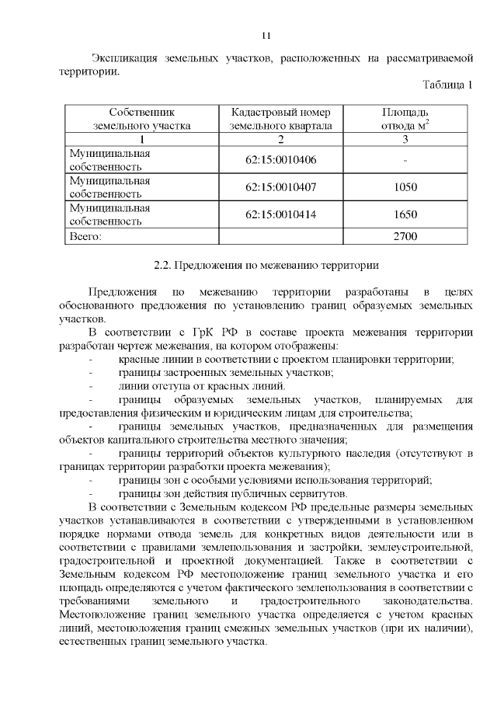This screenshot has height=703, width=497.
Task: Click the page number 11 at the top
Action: (x=266, y=36)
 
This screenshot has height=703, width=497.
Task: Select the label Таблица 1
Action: (x=447, y=85)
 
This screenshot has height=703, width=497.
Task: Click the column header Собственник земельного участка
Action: (x=141, y=118)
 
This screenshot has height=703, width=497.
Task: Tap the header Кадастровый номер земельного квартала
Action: (x=282, y=118)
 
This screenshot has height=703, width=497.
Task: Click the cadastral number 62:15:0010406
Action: (x=282, y=160)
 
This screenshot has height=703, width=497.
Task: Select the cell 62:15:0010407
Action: (x=282, y=187)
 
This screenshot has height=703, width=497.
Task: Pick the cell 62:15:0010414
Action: (x=282, y=214)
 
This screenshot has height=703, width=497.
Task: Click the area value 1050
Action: (x=405, y=187)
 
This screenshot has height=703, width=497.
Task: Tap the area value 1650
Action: (x=405, y=214)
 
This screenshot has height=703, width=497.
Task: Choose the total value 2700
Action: (x=405, y=235)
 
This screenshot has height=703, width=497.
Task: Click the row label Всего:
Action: (x=85, y=235)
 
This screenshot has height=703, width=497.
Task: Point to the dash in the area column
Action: (x=405, y=160)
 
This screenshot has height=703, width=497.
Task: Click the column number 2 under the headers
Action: (x=281, y=139)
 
